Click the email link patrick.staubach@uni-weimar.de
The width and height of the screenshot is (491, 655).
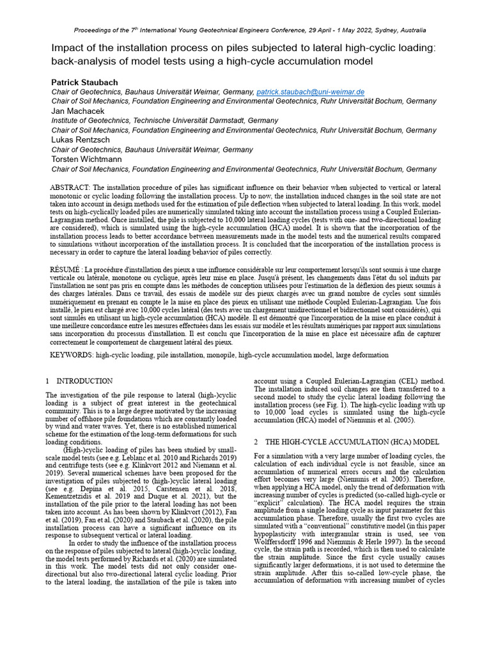tap(310, 92)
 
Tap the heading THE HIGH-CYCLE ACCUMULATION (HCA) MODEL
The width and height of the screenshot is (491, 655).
tap(352, 442)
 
